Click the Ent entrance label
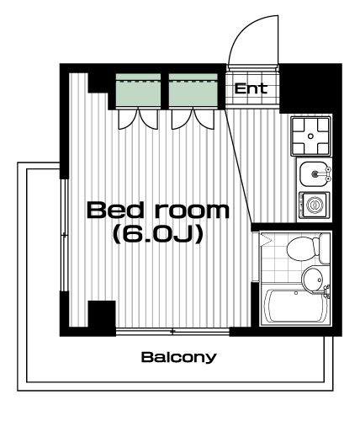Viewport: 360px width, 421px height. (251, 88)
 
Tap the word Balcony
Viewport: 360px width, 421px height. (179, 357)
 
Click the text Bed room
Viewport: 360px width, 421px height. (158, 210)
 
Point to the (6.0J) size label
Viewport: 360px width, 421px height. (157, 234)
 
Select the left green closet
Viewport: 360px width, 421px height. (138, 90)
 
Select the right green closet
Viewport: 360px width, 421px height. (193, 90)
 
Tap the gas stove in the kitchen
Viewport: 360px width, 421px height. (310, 136)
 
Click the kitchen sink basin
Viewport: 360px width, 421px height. (314, 173)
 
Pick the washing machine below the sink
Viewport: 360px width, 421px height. (315, 205)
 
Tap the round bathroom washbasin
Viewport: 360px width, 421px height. (313, 280)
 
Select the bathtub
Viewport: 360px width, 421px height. (294, 306)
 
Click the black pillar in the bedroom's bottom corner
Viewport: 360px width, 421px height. (102, 314)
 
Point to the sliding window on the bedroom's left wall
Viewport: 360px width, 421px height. (65, 235)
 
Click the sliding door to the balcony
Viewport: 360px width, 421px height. (172, 332)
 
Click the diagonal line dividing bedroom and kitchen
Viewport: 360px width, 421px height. (239, 165)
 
